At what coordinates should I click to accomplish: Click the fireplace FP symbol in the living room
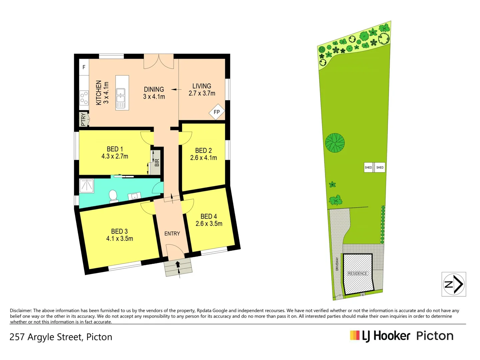pos(217,112)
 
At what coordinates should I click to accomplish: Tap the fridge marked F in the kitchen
pos(84,67)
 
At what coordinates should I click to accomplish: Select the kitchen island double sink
pos(120,96)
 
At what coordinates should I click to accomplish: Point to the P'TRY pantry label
pos(83,120)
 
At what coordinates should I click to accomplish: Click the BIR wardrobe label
pos(157,163)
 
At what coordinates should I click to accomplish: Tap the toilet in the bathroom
pos(113,196)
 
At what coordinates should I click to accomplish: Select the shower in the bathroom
pos(87,186)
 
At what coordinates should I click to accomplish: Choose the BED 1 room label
pos(115,149)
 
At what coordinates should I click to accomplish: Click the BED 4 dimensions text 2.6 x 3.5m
pos(209,224)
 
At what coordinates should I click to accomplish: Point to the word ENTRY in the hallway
pos(172,234)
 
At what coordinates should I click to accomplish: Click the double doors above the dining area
pos(159,62)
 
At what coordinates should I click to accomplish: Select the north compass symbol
pos(454,284)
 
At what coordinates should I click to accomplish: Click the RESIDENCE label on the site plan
pos(357,273)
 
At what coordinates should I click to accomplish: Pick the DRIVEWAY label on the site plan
pos(337,264)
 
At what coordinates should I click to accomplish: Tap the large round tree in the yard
pos(335,143)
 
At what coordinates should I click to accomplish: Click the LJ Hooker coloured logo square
pos(355,335)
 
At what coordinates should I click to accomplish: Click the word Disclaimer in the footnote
pos(21,311)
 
